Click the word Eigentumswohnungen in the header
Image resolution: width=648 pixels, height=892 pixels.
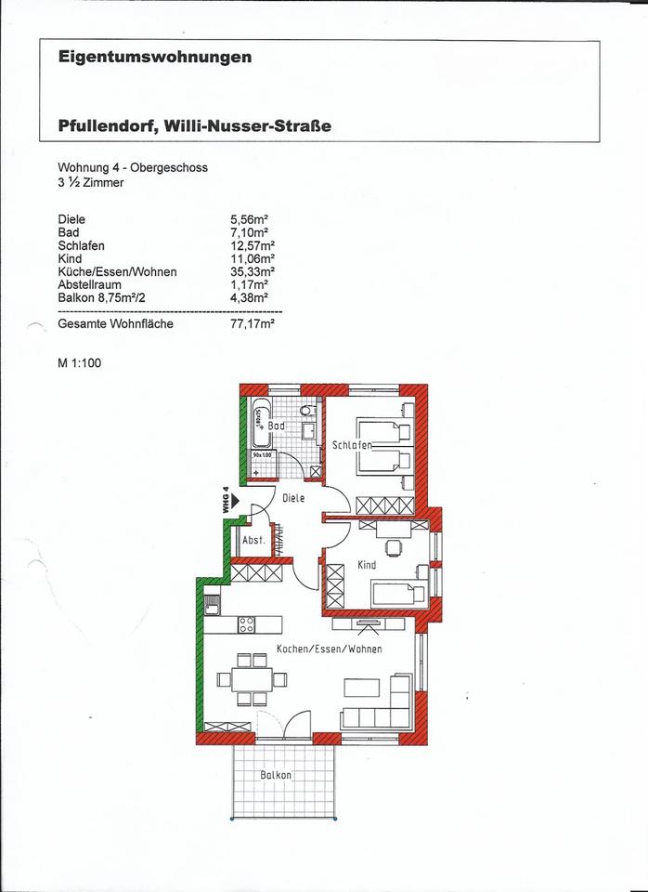[155, 58]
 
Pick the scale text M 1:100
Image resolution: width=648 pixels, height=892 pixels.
[79, 363]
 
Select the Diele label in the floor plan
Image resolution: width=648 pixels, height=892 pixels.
[293, 498]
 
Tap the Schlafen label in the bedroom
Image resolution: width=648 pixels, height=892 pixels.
[352, 445]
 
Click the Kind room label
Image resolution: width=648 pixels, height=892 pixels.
[367, 564]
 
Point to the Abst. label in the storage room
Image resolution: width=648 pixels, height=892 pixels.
[253, 540]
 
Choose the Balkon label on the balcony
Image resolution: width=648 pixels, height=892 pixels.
[276, 774]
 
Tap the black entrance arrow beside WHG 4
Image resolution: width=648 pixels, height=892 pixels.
[235, 500]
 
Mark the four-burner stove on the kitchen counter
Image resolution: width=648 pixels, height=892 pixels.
[247, 624]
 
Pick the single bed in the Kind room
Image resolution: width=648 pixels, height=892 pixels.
[400, 592]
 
